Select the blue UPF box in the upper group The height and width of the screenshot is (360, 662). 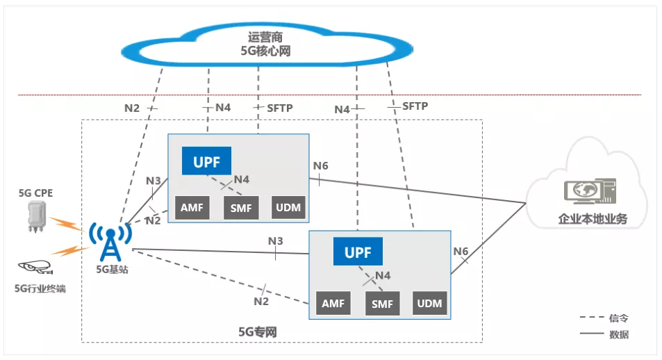pyautogui.click(x=206, y=161)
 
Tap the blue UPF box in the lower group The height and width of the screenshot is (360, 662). pyautogui.click(x=358, y=252)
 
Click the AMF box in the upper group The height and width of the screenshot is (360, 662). pyautogui.click(x=191, y=208)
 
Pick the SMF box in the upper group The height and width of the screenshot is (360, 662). pyautogui.click(x=240, y=208)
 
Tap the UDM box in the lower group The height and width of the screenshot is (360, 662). pyautogui.click(x=429, y=304)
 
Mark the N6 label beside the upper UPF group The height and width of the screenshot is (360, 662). pyautogui.click(x=320, y=165)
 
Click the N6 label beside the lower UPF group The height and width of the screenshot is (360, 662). pyautogui.click(x=461, y=251)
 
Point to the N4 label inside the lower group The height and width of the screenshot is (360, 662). pyautogui.click(x=383, y=276)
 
